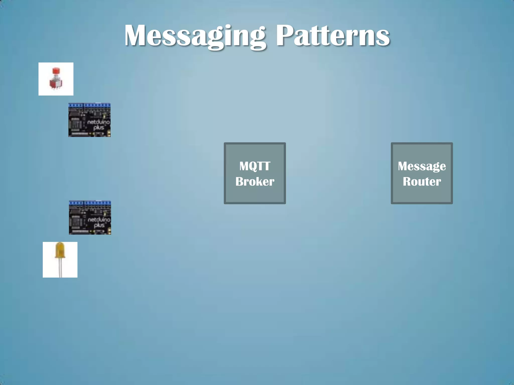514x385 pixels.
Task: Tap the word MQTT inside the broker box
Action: click(x=255, y=166)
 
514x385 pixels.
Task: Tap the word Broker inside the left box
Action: click(x=255, y=181)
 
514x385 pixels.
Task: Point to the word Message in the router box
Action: click(x=422, y=166)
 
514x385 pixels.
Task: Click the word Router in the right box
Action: click(x=422, y=181)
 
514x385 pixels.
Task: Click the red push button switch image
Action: click(x=56, y=79)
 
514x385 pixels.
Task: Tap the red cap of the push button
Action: click(x=56, y=71)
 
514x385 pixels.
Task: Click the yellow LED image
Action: click(x=60, y=260)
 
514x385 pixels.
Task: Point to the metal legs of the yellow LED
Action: click(x=60, y=268)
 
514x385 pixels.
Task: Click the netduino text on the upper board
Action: click(x=98, y=122)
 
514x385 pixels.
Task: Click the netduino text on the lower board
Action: click(x=99, y=220)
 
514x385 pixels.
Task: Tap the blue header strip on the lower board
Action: click(x=90, y=203)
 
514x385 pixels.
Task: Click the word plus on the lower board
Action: click(x=99, y=225)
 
